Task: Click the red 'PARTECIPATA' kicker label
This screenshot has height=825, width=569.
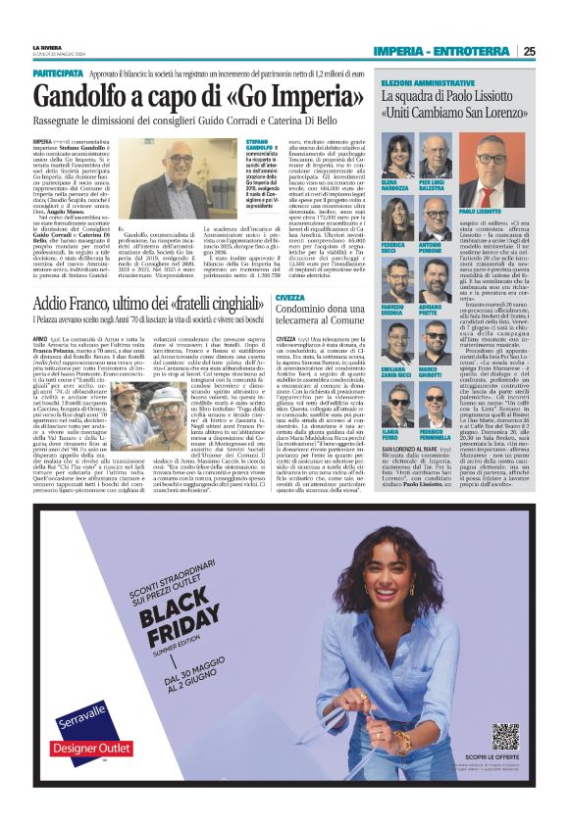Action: [58, 73]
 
